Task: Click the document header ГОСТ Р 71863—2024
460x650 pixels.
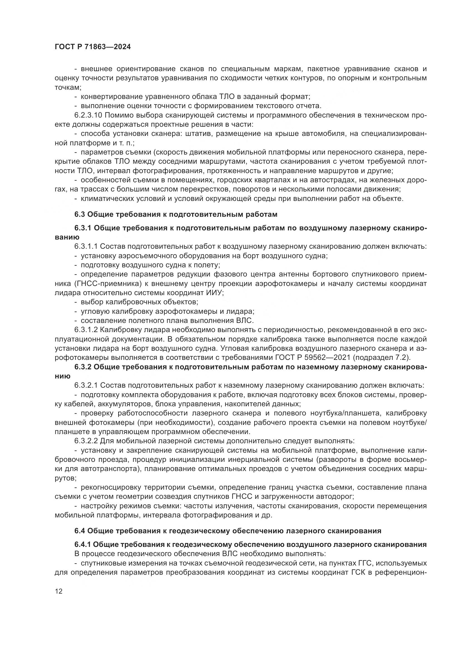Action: tap(93, 47)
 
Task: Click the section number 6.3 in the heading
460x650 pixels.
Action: tap(80, 214)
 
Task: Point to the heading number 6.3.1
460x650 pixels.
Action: tap(83, 228)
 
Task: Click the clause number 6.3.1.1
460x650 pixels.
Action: tap(86, 246)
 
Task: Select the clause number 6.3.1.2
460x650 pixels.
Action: tap(86, 330)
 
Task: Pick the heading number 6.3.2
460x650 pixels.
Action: tap(83, 367)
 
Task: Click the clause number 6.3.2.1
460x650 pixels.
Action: tap(86, 386)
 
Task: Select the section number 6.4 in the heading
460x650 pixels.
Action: tap(80, 531)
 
